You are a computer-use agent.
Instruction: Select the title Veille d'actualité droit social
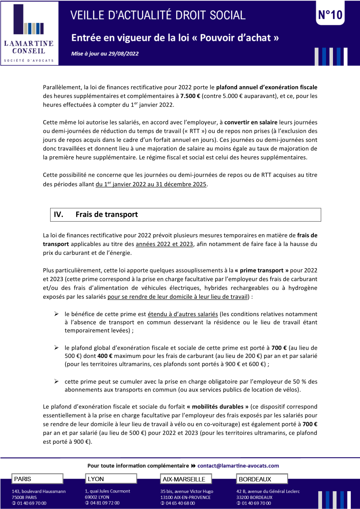[158, 15]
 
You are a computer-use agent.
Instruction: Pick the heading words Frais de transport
[106, 215]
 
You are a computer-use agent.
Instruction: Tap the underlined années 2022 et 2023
[164, 244]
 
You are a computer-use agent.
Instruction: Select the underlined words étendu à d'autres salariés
[183, 314]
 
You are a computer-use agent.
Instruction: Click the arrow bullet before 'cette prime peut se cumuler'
[56, 381]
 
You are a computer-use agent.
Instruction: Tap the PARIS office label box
[37, 479]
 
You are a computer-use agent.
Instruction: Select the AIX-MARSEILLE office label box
[186, 479]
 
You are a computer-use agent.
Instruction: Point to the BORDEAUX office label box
[262, 479]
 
